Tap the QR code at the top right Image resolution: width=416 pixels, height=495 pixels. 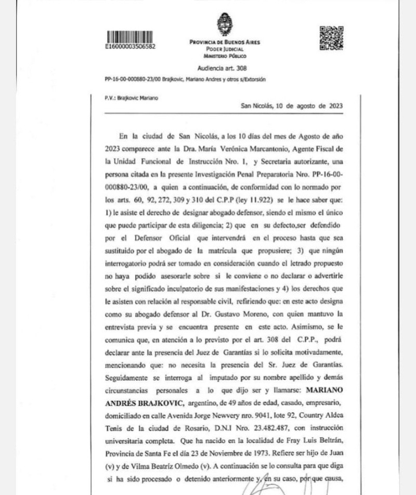[x=331, y=37]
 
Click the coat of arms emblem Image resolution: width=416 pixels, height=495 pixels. [x=225, y=24]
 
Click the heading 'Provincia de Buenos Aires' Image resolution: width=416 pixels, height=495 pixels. [x=225, y=42]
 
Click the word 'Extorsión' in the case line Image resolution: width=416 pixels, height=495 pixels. [x=253, y=80]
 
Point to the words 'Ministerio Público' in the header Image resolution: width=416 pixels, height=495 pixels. [x=225, y=55]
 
